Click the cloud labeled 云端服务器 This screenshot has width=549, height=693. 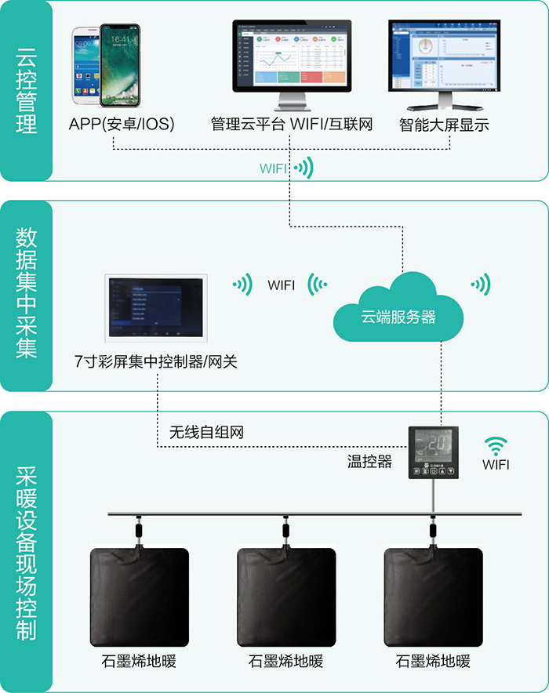[398, 310]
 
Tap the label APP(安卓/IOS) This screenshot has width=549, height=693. [122, 124]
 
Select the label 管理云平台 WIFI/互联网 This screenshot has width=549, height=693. [291, 124]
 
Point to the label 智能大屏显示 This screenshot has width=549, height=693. [444, 124]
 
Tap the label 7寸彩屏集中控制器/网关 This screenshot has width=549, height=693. [155, 361]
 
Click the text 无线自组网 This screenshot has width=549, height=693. [212, 432]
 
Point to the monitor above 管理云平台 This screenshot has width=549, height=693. [291, 59]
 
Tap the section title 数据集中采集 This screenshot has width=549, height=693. [27, 293]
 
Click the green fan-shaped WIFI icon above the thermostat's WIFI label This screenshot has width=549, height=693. [495, 445]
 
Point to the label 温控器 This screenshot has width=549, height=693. [369, 462]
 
